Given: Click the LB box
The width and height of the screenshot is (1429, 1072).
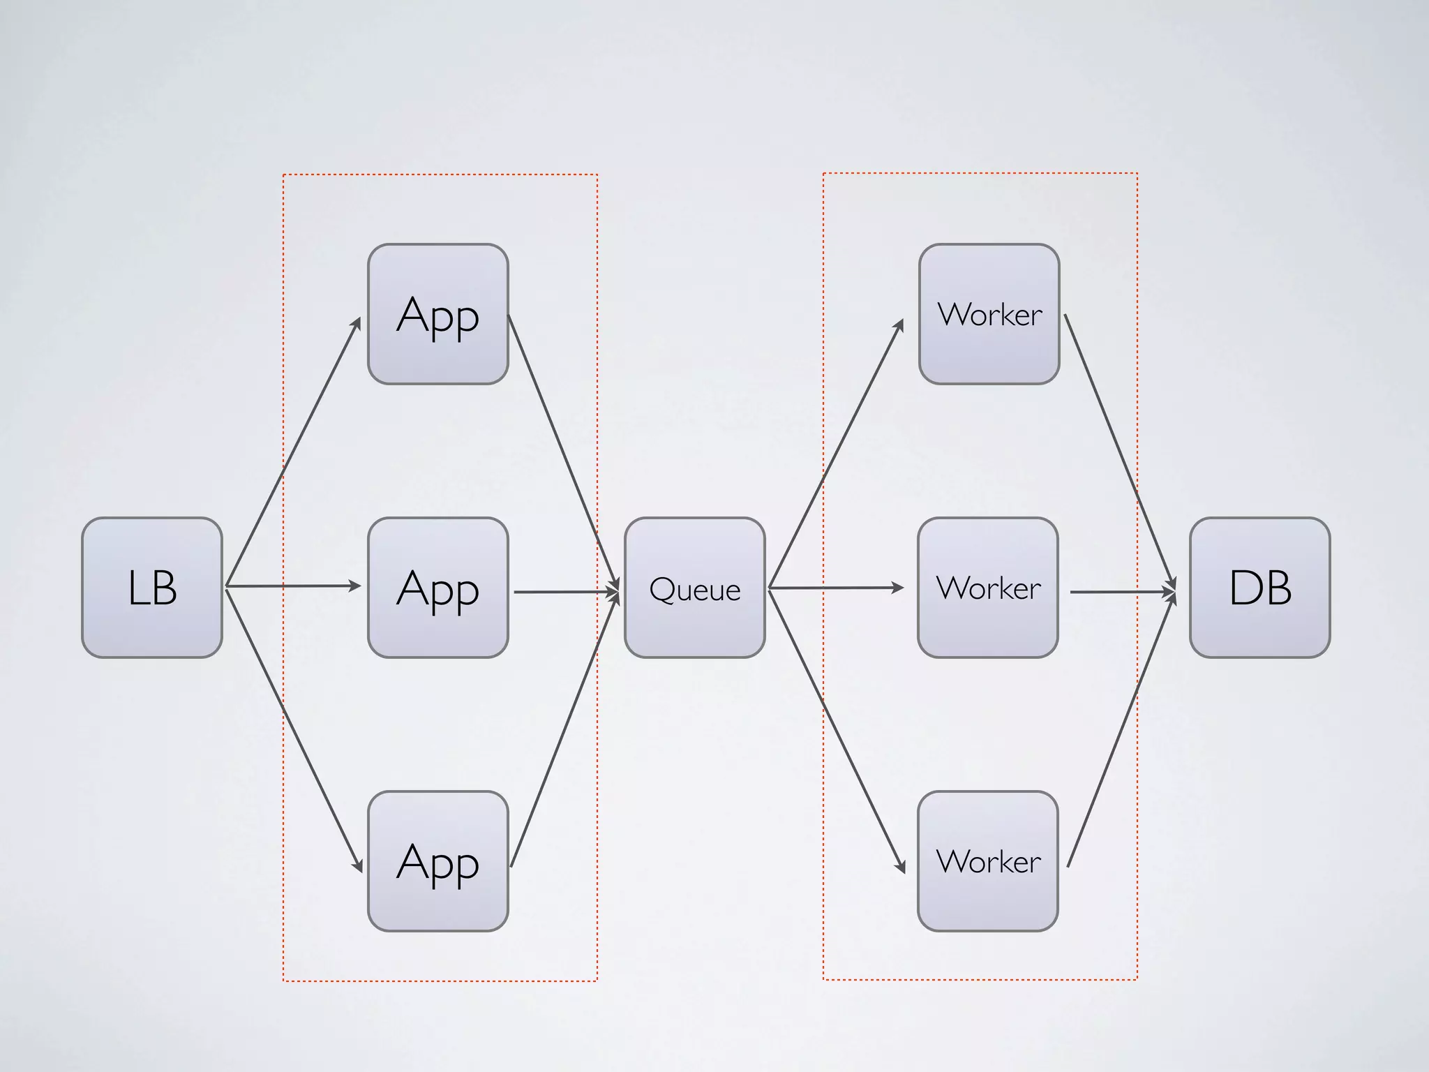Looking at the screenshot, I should tap(152, 588).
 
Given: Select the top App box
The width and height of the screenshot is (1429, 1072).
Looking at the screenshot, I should tap(438, 314).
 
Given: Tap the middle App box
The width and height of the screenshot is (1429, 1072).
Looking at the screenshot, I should tap(438, 588).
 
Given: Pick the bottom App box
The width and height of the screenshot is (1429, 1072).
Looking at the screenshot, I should tap(438, 861).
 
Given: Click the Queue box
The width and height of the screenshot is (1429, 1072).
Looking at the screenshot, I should tap(695, 588).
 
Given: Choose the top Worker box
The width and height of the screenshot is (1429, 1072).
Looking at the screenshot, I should tap(989, 314).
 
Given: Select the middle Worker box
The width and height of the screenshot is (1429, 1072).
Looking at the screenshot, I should tap(988, 588).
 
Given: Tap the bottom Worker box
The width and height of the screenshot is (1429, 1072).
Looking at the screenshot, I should tap(988, 861).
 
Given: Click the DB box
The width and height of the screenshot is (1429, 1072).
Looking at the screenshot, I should tap(1260, 588).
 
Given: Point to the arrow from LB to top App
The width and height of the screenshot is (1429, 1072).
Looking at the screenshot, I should tap(293, 452).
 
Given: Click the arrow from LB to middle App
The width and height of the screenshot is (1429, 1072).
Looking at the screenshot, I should tap(293, 586).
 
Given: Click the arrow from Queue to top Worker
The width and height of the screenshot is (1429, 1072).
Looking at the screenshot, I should tap(836, 454).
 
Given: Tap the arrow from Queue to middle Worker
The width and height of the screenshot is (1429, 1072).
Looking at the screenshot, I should tap(836, 588).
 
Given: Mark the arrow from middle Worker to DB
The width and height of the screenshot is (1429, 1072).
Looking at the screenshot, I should tap(1122, 592).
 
